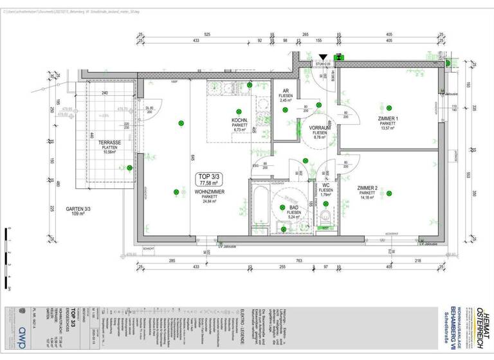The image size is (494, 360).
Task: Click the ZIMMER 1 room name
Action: (x=389, y=119)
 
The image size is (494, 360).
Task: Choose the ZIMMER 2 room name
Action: (x=367, y=188)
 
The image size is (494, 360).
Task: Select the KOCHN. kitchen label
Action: (x=241, y=121)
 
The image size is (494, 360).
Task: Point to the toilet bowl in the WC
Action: (x=327, y=215)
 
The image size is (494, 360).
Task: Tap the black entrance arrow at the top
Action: (x=322, y=58)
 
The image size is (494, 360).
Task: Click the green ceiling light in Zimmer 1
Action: (x=389, y=108)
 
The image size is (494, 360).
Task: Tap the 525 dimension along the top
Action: (x=207, y=33)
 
